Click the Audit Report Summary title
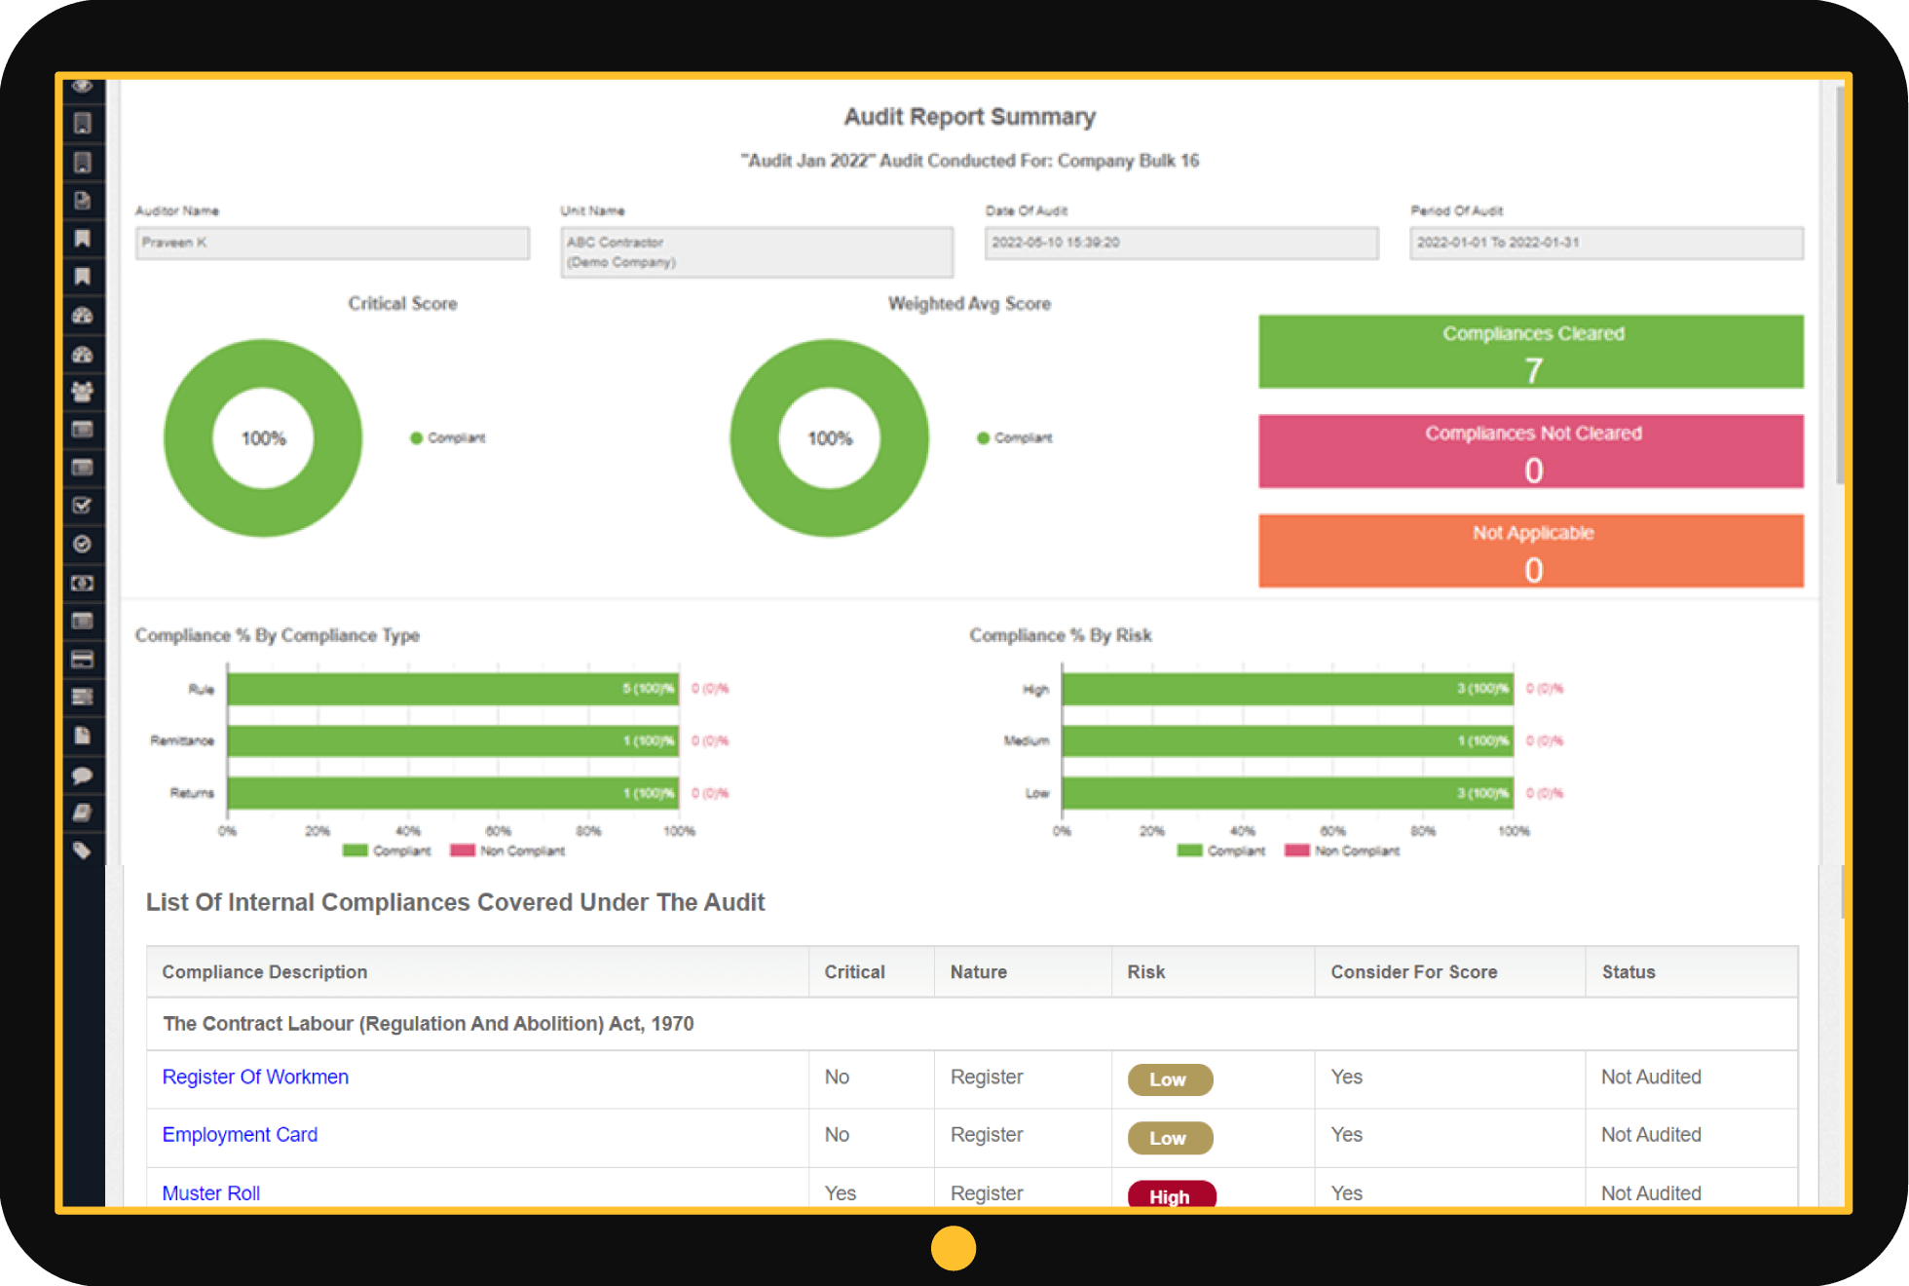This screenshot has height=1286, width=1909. click(969, 117)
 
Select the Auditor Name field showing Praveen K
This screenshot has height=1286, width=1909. click(332, 243)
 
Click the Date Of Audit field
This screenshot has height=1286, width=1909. click(1180, 243)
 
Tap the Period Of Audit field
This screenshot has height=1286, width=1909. click(1605, 243)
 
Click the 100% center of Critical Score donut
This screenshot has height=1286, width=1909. click(263, 438)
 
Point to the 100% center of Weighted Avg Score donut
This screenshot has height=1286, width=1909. click(830, 438)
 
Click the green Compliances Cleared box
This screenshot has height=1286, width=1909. click(1530, 352)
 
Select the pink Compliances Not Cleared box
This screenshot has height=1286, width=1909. click(1530, 451)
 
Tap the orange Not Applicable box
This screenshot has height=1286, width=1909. click(1530, 550)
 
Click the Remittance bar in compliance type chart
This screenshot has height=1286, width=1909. click(453, 741)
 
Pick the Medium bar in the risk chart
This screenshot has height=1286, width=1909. click(1287, 741)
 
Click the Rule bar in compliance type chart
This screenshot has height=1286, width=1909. click(453, 689)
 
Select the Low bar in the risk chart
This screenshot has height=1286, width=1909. click(1287, 793)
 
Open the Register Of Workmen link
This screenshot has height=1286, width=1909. click(255, 1077)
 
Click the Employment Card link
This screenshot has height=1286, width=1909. click(240, 1135)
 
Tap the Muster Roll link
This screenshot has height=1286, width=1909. click(210, 1193)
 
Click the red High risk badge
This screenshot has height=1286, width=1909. click(1171, 1195)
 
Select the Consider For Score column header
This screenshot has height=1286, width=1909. click(1413, 972)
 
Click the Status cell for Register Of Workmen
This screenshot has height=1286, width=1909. click(1651, 1077)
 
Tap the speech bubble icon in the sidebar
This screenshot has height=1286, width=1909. click(83, 775)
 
